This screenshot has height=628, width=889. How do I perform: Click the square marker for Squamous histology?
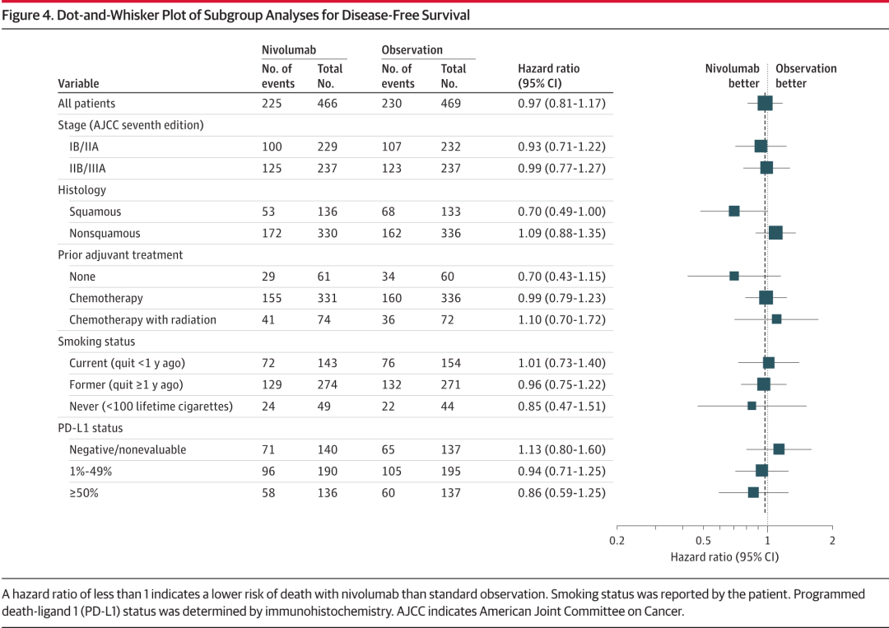coord(734,212)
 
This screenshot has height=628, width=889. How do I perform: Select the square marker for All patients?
coord(765,103)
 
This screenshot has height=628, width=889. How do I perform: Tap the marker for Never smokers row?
coord(752,406)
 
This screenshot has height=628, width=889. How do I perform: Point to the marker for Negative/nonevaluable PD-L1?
coord(779,449)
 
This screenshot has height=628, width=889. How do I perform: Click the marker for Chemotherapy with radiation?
coord(777,319)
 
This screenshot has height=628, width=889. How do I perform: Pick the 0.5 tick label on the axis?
coord(703,541)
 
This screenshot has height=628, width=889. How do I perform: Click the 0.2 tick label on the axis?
coord(617,541)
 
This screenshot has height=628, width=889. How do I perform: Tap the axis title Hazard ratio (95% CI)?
coord(724,557)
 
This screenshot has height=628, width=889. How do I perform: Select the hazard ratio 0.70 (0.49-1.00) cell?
coord(562,212)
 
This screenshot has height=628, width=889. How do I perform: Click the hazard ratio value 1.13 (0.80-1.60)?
coord(562,449)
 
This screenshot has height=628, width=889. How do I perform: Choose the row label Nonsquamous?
coord(105,233)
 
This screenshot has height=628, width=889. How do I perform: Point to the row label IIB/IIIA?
coord(87,169)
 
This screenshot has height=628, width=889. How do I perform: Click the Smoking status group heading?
coord(96,342)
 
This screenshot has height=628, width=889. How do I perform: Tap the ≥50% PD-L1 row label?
coord(84,493)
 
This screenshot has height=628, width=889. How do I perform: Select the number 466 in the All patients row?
coord(327,103)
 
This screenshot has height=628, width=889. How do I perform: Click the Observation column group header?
coord(412,50)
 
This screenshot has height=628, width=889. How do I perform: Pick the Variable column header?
coord(78,83)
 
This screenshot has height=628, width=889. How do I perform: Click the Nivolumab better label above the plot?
coord(733,76)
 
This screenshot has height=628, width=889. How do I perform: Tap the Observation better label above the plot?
coord(806,76)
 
